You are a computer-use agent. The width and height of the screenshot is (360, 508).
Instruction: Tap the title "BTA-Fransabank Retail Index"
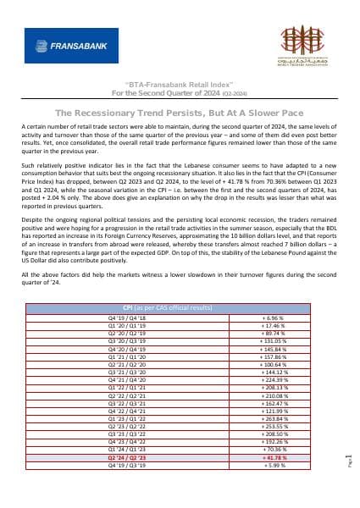[180, 86]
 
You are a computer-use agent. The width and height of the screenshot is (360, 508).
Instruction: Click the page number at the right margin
[347, 461]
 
